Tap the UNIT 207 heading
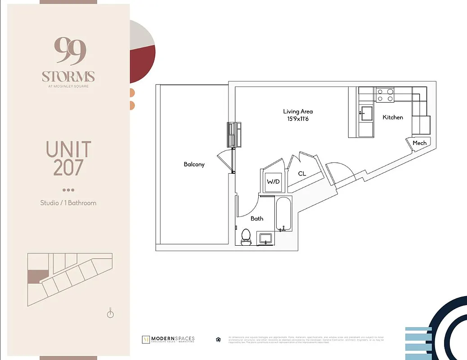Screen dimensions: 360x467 (x=68, y=158)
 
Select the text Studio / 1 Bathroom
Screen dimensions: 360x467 (x=68, y=203)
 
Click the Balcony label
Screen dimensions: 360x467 (x=194, y=164)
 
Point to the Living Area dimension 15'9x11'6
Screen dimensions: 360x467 (x=298, y=119)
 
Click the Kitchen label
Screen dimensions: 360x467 (x=393, y=117)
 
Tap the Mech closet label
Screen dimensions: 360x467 (x=419, y=143)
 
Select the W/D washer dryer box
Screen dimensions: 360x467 (x=273, y=182)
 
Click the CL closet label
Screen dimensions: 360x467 (x=302, y=173)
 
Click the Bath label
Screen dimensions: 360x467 (x=257, y=218)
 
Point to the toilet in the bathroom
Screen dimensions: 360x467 (x=246, y=237)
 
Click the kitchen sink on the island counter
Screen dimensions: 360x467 (x=365, y=113)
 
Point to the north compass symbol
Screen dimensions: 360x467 (x=111, y=313)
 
